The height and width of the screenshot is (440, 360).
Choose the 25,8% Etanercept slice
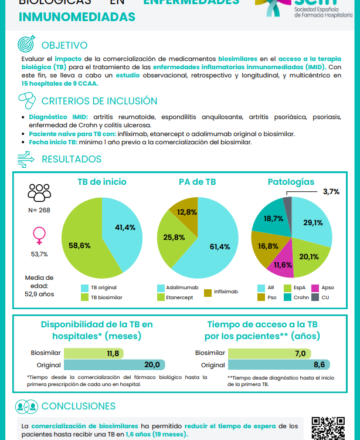point(174,238)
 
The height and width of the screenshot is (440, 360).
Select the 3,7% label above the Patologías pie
point(331,192)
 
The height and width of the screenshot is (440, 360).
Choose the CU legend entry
point(322,297)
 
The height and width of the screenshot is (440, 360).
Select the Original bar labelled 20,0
point(114,364)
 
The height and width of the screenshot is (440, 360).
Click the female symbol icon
point(39,236)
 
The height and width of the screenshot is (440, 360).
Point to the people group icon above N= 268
point(39,192)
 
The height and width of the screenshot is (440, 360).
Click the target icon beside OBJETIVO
point(27,45)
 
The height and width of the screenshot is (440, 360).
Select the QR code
point(328,428)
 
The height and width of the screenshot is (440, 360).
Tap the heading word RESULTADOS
point(72,159)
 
